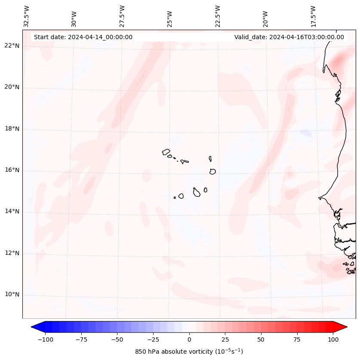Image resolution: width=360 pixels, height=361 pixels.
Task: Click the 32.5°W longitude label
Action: coord(27,16)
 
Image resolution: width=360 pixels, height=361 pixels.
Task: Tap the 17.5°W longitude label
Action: coord(313,16)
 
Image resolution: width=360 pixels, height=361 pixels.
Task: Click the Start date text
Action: coord(83,37)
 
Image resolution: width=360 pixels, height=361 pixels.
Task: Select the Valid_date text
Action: coord(289,37)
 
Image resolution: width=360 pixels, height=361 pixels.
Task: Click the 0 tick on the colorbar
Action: coord(189,339)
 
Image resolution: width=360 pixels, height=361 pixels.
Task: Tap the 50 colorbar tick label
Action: coord(261,339)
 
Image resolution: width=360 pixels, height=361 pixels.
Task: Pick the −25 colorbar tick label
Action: coord(153,339)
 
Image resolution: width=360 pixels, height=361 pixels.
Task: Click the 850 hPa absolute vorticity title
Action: coord(189,352)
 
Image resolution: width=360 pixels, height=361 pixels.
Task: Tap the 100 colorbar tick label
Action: coord(332,339)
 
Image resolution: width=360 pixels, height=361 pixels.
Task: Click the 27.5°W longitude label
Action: coord(122,16)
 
